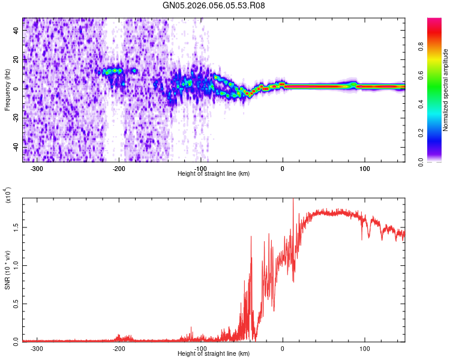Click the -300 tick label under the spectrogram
[x=37, y=169]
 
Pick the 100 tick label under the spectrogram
[x=364, y=169]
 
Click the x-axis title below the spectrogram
[x=214, y=174]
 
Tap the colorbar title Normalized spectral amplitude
[x=446, y=90]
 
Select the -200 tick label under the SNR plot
[x=119, y=349]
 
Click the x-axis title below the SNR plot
[x=214, y=354]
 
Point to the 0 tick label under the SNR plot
[x=283, y=349]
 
